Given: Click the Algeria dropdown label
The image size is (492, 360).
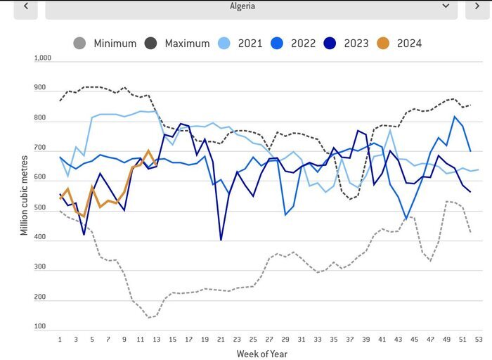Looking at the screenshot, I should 242,6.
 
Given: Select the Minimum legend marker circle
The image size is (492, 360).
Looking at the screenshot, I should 80,44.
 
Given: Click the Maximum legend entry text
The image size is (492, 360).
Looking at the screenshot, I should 187,44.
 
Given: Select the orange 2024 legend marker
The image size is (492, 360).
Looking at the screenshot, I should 384,44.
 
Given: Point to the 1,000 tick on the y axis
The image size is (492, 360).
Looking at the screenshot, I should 43,59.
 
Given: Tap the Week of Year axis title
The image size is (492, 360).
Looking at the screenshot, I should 261,354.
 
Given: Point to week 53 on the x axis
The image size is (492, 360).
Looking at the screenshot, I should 479,338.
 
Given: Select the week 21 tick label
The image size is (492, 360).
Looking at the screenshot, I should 221,338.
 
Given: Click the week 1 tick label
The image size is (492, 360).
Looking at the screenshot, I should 60,338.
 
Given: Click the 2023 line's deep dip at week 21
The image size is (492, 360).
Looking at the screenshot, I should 221,240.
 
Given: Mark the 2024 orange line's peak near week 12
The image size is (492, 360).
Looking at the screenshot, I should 148,151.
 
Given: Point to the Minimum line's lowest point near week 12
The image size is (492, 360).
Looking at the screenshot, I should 149,317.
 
